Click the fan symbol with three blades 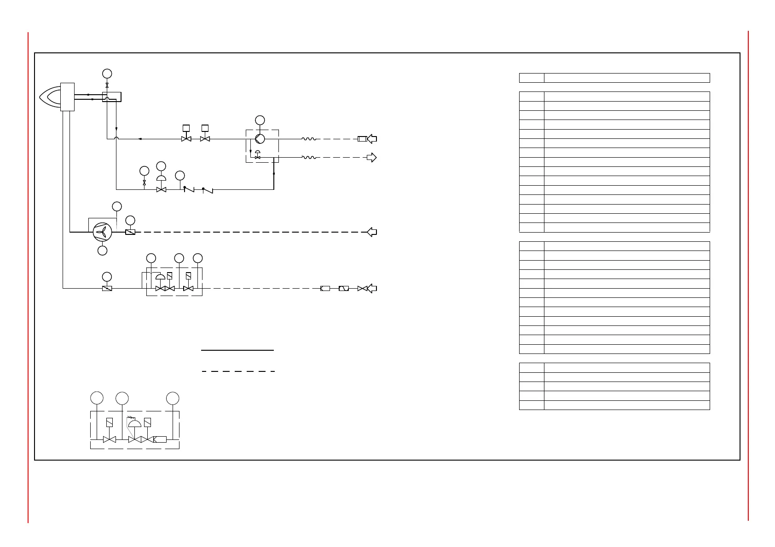pos(102,232)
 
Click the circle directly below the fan pos(103,251)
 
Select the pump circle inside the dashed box pos(260,139)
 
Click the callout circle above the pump pos(260,120)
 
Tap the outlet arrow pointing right pos(371,158)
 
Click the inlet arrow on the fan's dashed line pos(372,232)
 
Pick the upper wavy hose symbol pos(308,139)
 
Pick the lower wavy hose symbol pos(308,157)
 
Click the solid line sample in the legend pos(237,350)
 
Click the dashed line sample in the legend pos(238,371)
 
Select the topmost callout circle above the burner pos(107,74)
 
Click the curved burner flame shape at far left pos(50,97)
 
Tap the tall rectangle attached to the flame pos(67,97)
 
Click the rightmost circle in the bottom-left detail pos(173,398)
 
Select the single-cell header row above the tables pos(614,78)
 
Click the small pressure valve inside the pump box pos(257,156)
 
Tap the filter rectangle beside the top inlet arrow pos(362,139)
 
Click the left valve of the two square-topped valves pos(186,138)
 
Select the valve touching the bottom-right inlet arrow pos(362,289)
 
